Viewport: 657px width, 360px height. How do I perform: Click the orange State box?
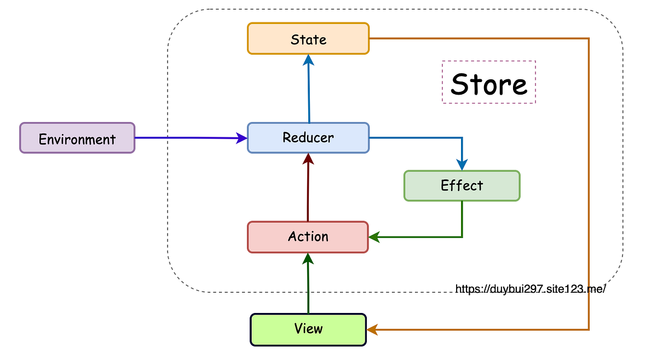coord(308,38)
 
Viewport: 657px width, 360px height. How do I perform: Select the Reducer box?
coord(308,137)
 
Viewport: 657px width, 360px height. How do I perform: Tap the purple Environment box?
coord(77,138)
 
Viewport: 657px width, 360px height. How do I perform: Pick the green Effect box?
coord(462,185)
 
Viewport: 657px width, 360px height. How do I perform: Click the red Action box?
coord(308,237)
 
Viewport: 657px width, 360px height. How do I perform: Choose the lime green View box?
coord(308,329)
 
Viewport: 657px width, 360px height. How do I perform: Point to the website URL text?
coord(530,289)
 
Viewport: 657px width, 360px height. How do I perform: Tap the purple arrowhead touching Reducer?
coord(241,138)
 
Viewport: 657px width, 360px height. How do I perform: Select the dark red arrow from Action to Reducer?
coord(308,189)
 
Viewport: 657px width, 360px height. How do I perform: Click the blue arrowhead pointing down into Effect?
coord(462,165)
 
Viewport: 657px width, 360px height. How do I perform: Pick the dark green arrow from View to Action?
coord(308,284)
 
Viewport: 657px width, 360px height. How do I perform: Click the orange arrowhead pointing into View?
coord(373,329)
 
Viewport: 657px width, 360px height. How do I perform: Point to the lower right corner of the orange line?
coord(589,329)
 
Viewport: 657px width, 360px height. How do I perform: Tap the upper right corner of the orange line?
coord(589,38)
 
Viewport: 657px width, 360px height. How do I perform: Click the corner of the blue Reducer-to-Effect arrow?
coord(462,137)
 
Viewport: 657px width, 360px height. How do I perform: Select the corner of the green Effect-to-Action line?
coord(462,237)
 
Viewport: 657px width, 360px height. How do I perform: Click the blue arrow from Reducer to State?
coord(309,90)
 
